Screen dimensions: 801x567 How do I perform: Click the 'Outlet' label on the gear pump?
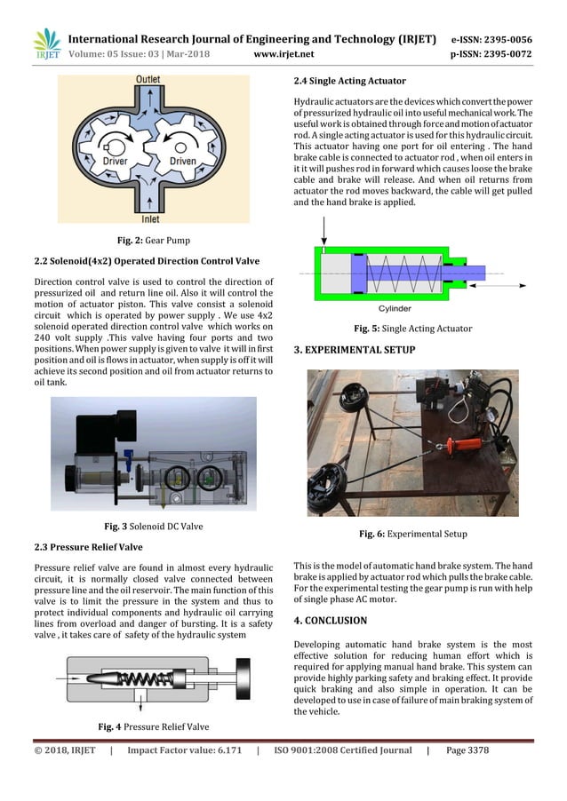click(147, 80)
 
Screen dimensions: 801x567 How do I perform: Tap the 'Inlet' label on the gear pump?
click(151, 218)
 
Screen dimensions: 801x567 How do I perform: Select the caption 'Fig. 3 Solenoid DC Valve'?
click(154, 527)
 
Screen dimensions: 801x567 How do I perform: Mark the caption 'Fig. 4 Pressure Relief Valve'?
click(154, 727)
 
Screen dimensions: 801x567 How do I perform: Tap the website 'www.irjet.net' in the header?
click(281, 53)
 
